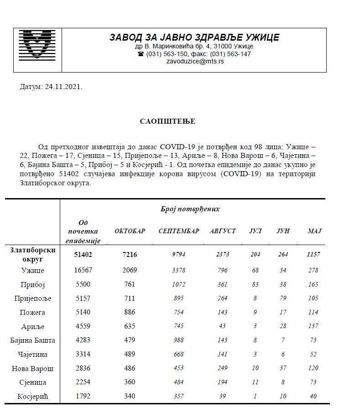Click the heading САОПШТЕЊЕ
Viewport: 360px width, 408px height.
[x=167, y=121]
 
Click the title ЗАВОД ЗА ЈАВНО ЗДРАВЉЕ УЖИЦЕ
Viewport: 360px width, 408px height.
[x=194, y=37]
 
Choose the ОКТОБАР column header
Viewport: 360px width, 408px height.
[x=130, y=231]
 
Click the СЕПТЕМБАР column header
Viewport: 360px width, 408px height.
[x=179, y=231]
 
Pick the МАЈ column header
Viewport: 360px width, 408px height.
[x=314, y=231]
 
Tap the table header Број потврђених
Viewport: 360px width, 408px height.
[x=190, y=209]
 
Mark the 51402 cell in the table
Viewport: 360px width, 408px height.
[x=83, y=254]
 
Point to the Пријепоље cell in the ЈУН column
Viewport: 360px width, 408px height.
[x=283, y=298]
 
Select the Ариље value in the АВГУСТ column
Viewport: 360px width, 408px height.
[x=222, y=326]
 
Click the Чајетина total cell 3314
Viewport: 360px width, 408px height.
[x=83, y=355]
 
